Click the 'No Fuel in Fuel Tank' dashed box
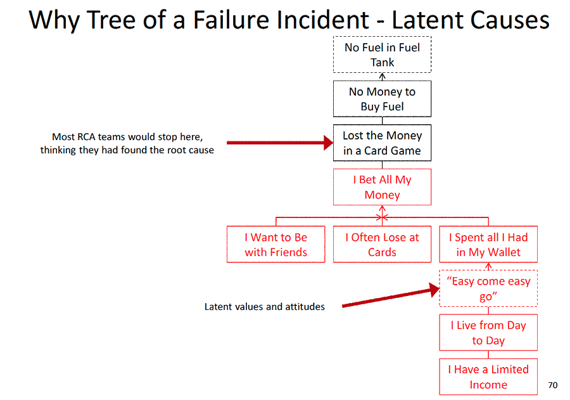pos(382,55)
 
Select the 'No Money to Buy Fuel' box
pos(382,99)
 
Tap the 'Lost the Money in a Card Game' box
pos(382,143)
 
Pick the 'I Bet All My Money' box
pos(382,187)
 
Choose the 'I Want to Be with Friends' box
pos(275,245)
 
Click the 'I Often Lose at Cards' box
pos(382,245)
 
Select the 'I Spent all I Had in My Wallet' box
pos(488,245)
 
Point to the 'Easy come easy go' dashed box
pos(488,288)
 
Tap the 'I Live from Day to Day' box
pos(488,333)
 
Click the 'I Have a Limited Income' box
pos(488,377)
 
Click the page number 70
pos(552,385)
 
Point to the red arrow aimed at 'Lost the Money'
pos(279,143)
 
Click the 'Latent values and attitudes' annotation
pos(265,307)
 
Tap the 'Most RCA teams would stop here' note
pos(127,143)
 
